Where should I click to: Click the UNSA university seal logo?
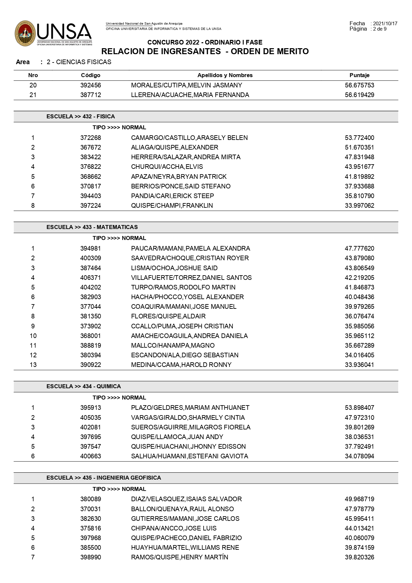(x=25, y=33)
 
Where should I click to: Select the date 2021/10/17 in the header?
(x=385, y=24)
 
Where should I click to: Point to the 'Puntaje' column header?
(x=359, y=75)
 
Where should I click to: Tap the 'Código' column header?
(x=90, y=75)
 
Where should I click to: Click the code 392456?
(x=90, y=85)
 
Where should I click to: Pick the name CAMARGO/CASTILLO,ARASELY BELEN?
(x=189, y=138)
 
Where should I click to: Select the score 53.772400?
(x=359, y=138)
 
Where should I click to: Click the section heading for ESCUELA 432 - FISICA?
(x=81, y=116)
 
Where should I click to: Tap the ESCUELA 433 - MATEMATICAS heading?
(x=92, y=227)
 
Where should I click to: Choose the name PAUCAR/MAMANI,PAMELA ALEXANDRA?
(x=191, y=248)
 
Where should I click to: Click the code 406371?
(x=90, y=278)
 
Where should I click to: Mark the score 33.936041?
(x=359, y=365)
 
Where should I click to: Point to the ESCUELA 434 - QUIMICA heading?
(x=84, y=386)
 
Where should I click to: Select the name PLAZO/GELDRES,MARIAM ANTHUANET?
(x=190, y=408)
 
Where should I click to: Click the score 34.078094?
(x=359, y=456)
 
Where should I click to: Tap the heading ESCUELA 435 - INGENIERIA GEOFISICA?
(x=104, y=478)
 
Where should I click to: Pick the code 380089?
(x=90, y=499)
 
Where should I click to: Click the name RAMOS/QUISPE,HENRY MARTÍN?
(x=180, y=557)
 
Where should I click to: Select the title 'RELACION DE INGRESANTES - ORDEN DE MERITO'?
(x=205, y=51)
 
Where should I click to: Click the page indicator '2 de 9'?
(x=380, y=29)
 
